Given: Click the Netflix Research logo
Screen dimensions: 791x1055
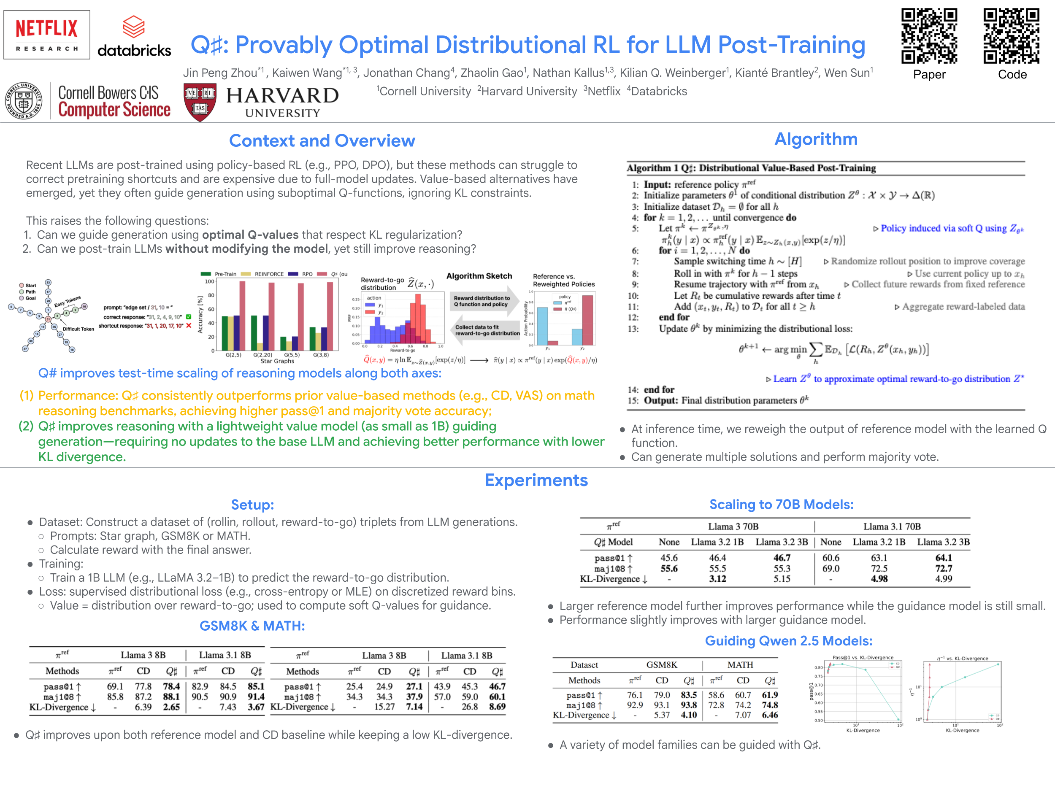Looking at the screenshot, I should click(x=47, y=35).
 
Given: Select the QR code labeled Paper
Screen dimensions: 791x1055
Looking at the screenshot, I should click(x=928, y=36).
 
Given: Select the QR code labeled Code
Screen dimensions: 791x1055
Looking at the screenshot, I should click(x=1011, y=36).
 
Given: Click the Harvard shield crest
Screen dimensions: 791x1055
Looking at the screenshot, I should click(x=200, y=102).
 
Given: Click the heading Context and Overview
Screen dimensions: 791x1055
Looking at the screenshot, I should click(x=322, y=140).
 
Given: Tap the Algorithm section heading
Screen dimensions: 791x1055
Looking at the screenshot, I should click(x=816, y=139).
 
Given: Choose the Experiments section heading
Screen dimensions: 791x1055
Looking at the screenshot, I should click(x=536, y=480).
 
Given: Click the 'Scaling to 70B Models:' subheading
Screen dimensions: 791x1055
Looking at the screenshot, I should click(x=781, y=505).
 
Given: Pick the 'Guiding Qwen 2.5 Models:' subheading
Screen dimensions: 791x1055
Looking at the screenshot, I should click(x=788, y=641).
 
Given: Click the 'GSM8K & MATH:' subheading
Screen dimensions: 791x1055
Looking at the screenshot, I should click(x=252, y=626).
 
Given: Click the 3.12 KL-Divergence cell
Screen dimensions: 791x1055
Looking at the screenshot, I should click(x=717, y=579).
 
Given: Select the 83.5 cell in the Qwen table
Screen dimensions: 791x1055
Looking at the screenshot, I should click(x=689, y=695).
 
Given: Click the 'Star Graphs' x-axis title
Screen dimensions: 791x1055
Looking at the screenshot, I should click(x=277, y=361).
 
